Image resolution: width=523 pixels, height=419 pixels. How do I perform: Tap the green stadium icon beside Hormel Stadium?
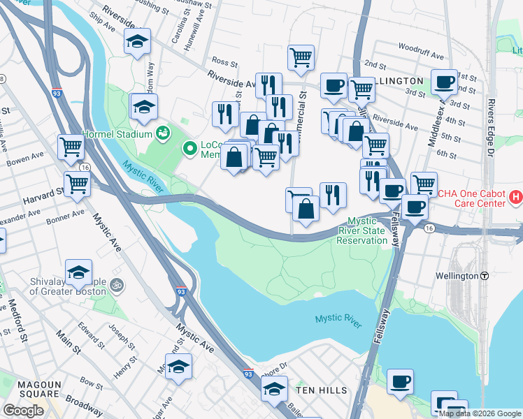click(163, 132)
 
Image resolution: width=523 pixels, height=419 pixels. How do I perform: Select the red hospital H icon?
click(516, 198)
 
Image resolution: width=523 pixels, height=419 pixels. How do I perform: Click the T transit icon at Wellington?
click(484, 276)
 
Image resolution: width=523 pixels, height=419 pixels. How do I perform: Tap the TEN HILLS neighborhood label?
click(318, 388)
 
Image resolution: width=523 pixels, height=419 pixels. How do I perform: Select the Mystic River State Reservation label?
click(363, 230)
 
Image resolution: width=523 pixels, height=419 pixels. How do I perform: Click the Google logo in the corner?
click(23, 411)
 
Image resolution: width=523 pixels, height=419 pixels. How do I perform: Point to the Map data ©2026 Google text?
click(479, 413)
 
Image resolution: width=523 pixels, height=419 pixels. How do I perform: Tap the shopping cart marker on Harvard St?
click(77, 184)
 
